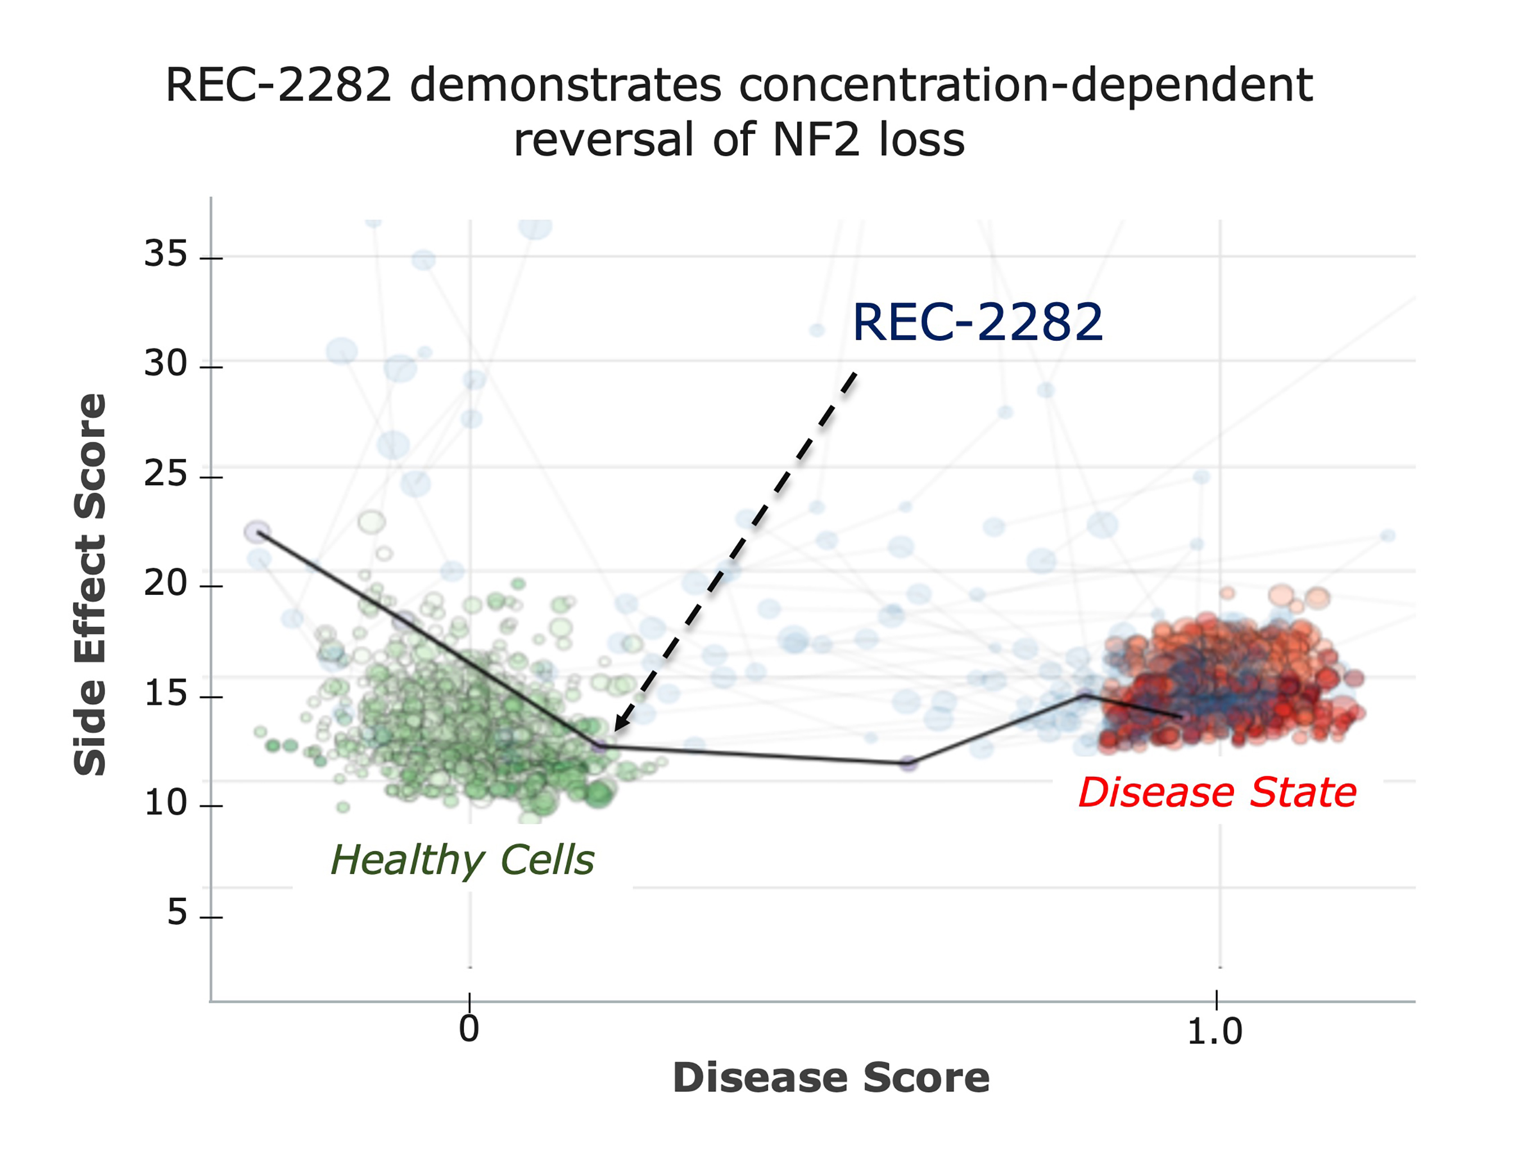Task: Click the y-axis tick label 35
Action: pyautogui.click(x=165, y=254)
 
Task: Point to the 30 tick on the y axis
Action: pyautogui.click(x=165, y=364)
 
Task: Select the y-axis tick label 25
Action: pyautogui.click(x=165, y=474)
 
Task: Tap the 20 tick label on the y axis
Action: pyautogui.click(x=165, y=584)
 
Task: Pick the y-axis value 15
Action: pyautogui.click(x=165, y=694)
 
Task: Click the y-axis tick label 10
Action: pyautogui.click(x=165, y=803)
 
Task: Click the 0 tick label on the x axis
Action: pyautogui.click(x=469, y=1029)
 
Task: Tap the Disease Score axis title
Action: pyautogui.click(x=831, y=1078)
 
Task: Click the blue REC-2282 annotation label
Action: pyautogui.click(x=978, y=323)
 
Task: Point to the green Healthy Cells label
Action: pyautogui.click(x=462, y=860)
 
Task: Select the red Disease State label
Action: pyautogui.click(x=1217, y=793)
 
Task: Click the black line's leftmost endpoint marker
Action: pyautogui.click(x=257, y=531)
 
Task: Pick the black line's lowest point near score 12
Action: pyautogui.click(x=909, y=763)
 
